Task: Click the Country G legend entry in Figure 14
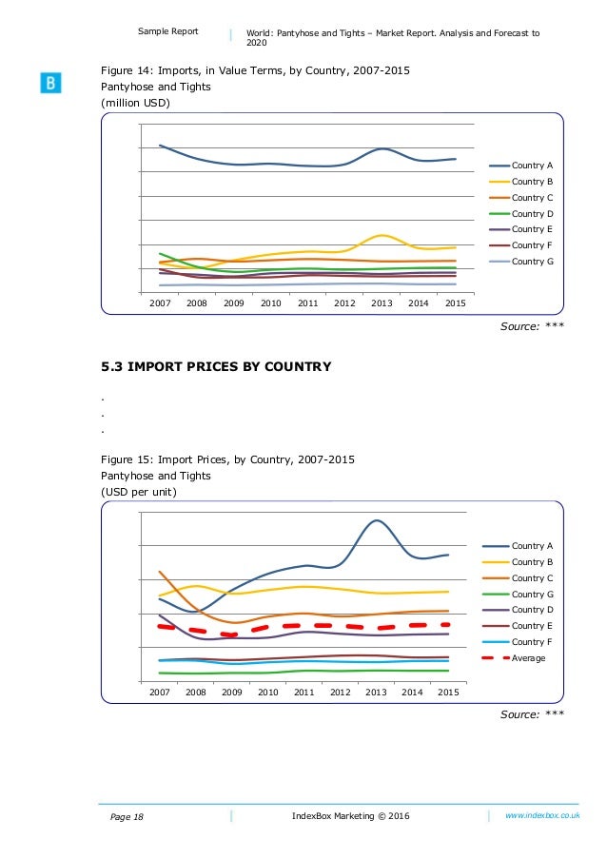click(528, 261)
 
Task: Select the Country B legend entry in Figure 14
click(528, 182)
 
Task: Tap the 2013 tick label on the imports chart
click(382, 303)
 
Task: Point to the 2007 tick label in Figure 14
click(160, 303)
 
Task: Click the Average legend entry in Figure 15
click(528, 657)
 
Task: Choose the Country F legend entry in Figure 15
click(528, 642)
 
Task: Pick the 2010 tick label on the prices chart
click(268, 693)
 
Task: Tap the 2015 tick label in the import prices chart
click(448, 693)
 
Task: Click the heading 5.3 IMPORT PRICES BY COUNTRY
click(216, 366)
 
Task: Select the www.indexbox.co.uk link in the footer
click(542, 815)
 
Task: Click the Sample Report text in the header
click(168, 31)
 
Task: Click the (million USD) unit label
click(136, 103)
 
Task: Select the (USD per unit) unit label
click(139, 492)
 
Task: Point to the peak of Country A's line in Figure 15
click(377, 520)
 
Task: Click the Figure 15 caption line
click(227, 459)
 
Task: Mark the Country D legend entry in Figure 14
click(528, 213)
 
